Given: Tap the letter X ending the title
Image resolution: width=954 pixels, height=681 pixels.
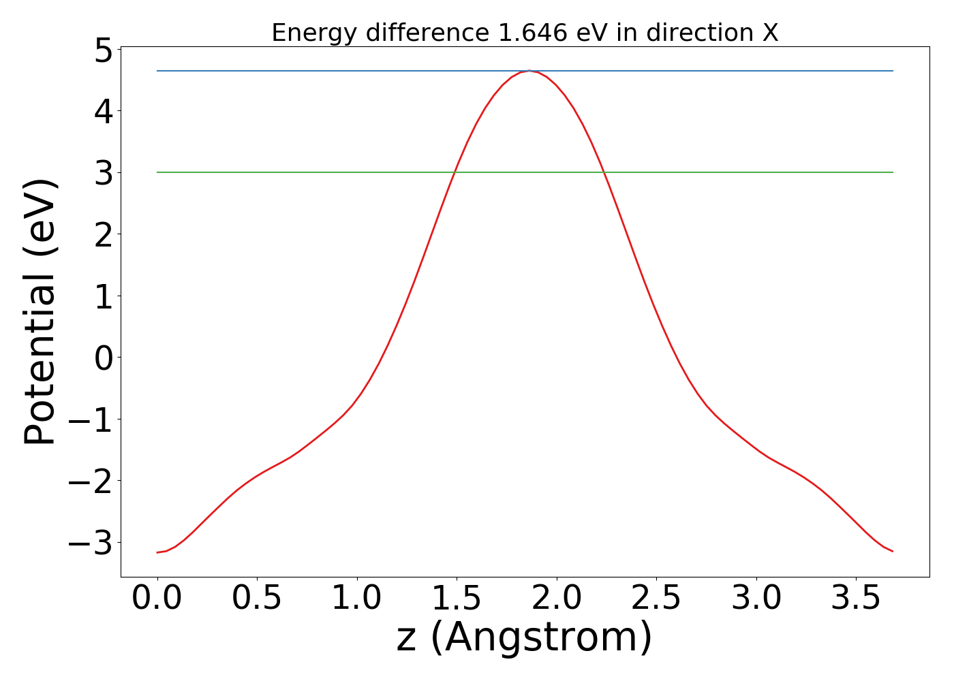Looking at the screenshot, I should tap(770, 33).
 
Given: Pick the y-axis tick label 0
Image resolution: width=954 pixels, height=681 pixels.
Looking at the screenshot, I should tap(104, 358).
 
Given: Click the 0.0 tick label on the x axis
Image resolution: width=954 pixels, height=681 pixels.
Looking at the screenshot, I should tap(157, 599).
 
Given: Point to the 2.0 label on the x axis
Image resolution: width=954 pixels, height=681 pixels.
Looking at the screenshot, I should tap(557, 599).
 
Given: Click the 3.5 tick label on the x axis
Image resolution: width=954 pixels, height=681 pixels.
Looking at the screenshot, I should tap(857, 599).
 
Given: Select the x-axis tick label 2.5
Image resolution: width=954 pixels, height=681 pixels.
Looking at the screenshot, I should tap(656, 599).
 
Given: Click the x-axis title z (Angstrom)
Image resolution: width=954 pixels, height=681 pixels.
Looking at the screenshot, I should tap(524, 638).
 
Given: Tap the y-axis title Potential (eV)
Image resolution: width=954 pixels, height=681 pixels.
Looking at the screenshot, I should tap(41, 312).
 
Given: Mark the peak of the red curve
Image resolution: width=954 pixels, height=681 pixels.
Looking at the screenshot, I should tap(529, 71).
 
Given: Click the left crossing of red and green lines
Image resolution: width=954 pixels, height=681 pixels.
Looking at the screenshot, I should tap(454, 172).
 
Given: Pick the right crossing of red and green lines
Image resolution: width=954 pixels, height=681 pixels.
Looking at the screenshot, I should tap(604, 172).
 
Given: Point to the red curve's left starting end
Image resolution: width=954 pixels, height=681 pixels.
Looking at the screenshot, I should tap(157, 552).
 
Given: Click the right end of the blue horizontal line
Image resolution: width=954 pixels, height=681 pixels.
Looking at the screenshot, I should tap(892, 71).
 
